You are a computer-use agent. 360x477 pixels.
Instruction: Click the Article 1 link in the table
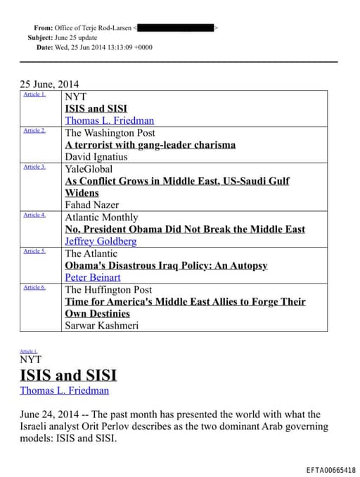(34, 94)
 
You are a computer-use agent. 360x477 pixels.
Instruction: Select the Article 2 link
(34, 130)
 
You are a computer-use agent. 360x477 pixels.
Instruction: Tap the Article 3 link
(34, 167)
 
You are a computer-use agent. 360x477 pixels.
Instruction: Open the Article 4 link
(34, 215)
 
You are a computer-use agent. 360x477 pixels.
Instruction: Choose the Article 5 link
(34, 251)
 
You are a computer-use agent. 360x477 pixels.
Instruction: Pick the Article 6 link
(34, 287)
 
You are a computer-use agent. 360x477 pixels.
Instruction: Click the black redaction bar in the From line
(176, 27)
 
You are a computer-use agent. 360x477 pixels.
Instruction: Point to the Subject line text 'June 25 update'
(77, 37)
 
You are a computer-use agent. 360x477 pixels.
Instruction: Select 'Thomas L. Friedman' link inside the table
(109, 120)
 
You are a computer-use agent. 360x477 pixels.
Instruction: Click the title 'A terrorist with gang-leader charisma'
(150, 145)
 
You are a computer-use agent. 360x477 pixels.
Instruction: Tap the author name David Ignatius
(96, 157)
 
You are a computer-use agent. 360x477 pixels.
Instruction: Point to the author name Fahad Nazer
(91, 205)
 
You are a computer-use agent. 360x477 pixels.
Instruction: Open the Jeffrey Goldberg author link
(101, 241)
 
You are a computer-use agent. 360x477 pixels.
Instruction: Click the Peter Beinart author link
(93, 277)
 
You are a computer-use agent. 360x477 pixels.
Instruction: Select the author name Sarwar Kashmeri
(102, 325)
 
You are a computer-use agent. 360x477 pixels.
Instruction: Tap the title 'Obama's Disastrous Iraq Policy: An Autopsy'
(166, 265)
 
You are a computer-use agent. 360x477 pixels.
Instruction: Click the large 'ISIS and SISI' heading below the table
(67, 374)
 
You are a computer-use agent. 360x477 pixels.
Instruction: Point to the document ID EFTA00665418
(331, 469)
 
